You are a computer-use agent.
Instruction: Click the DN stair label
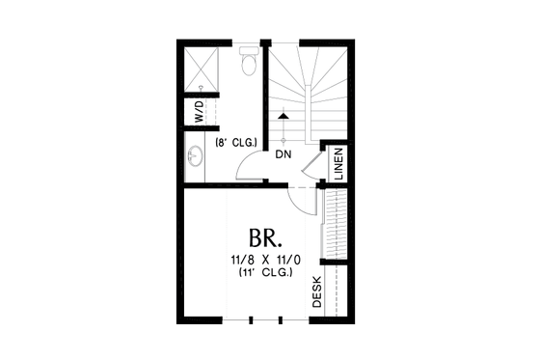(x=283, y=153)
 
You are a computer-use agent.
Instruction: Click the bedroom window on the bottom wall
(x=265, y=319)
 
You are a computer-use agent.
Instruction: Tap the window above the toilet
(x=250, y=42)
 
